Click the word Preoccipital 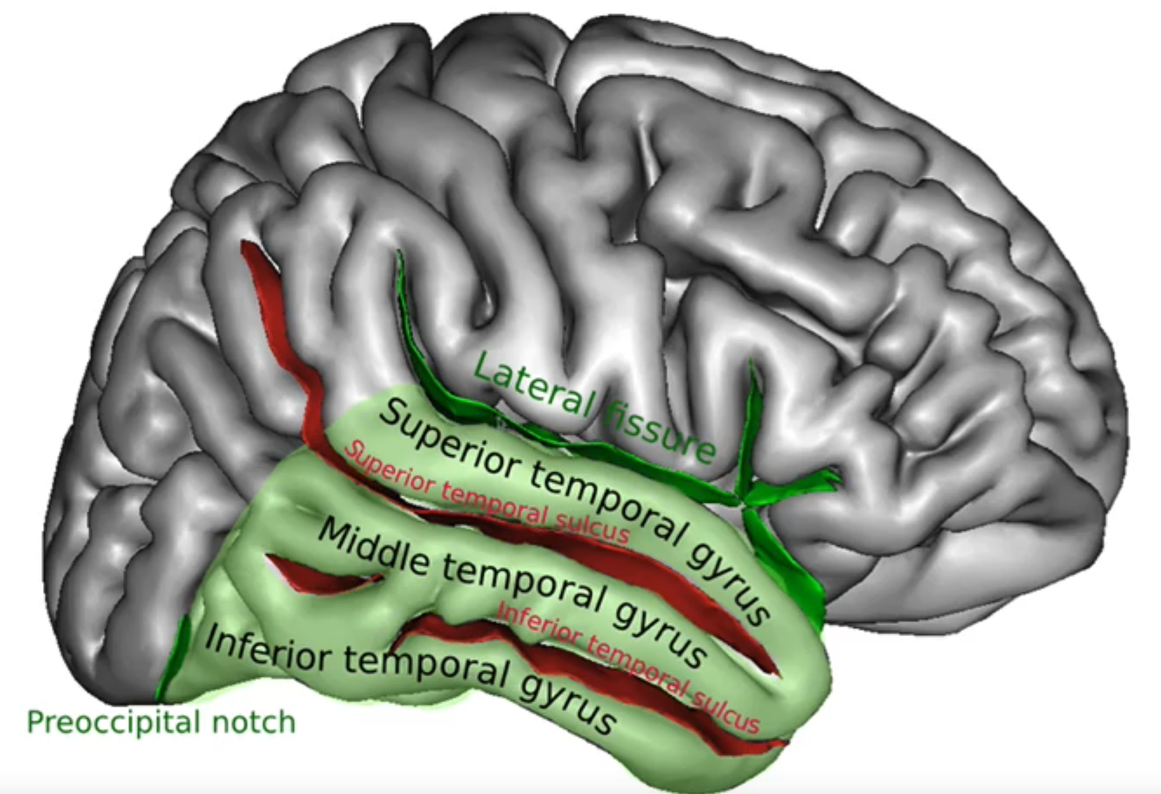pyautogui.click(x=110, y=723)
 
